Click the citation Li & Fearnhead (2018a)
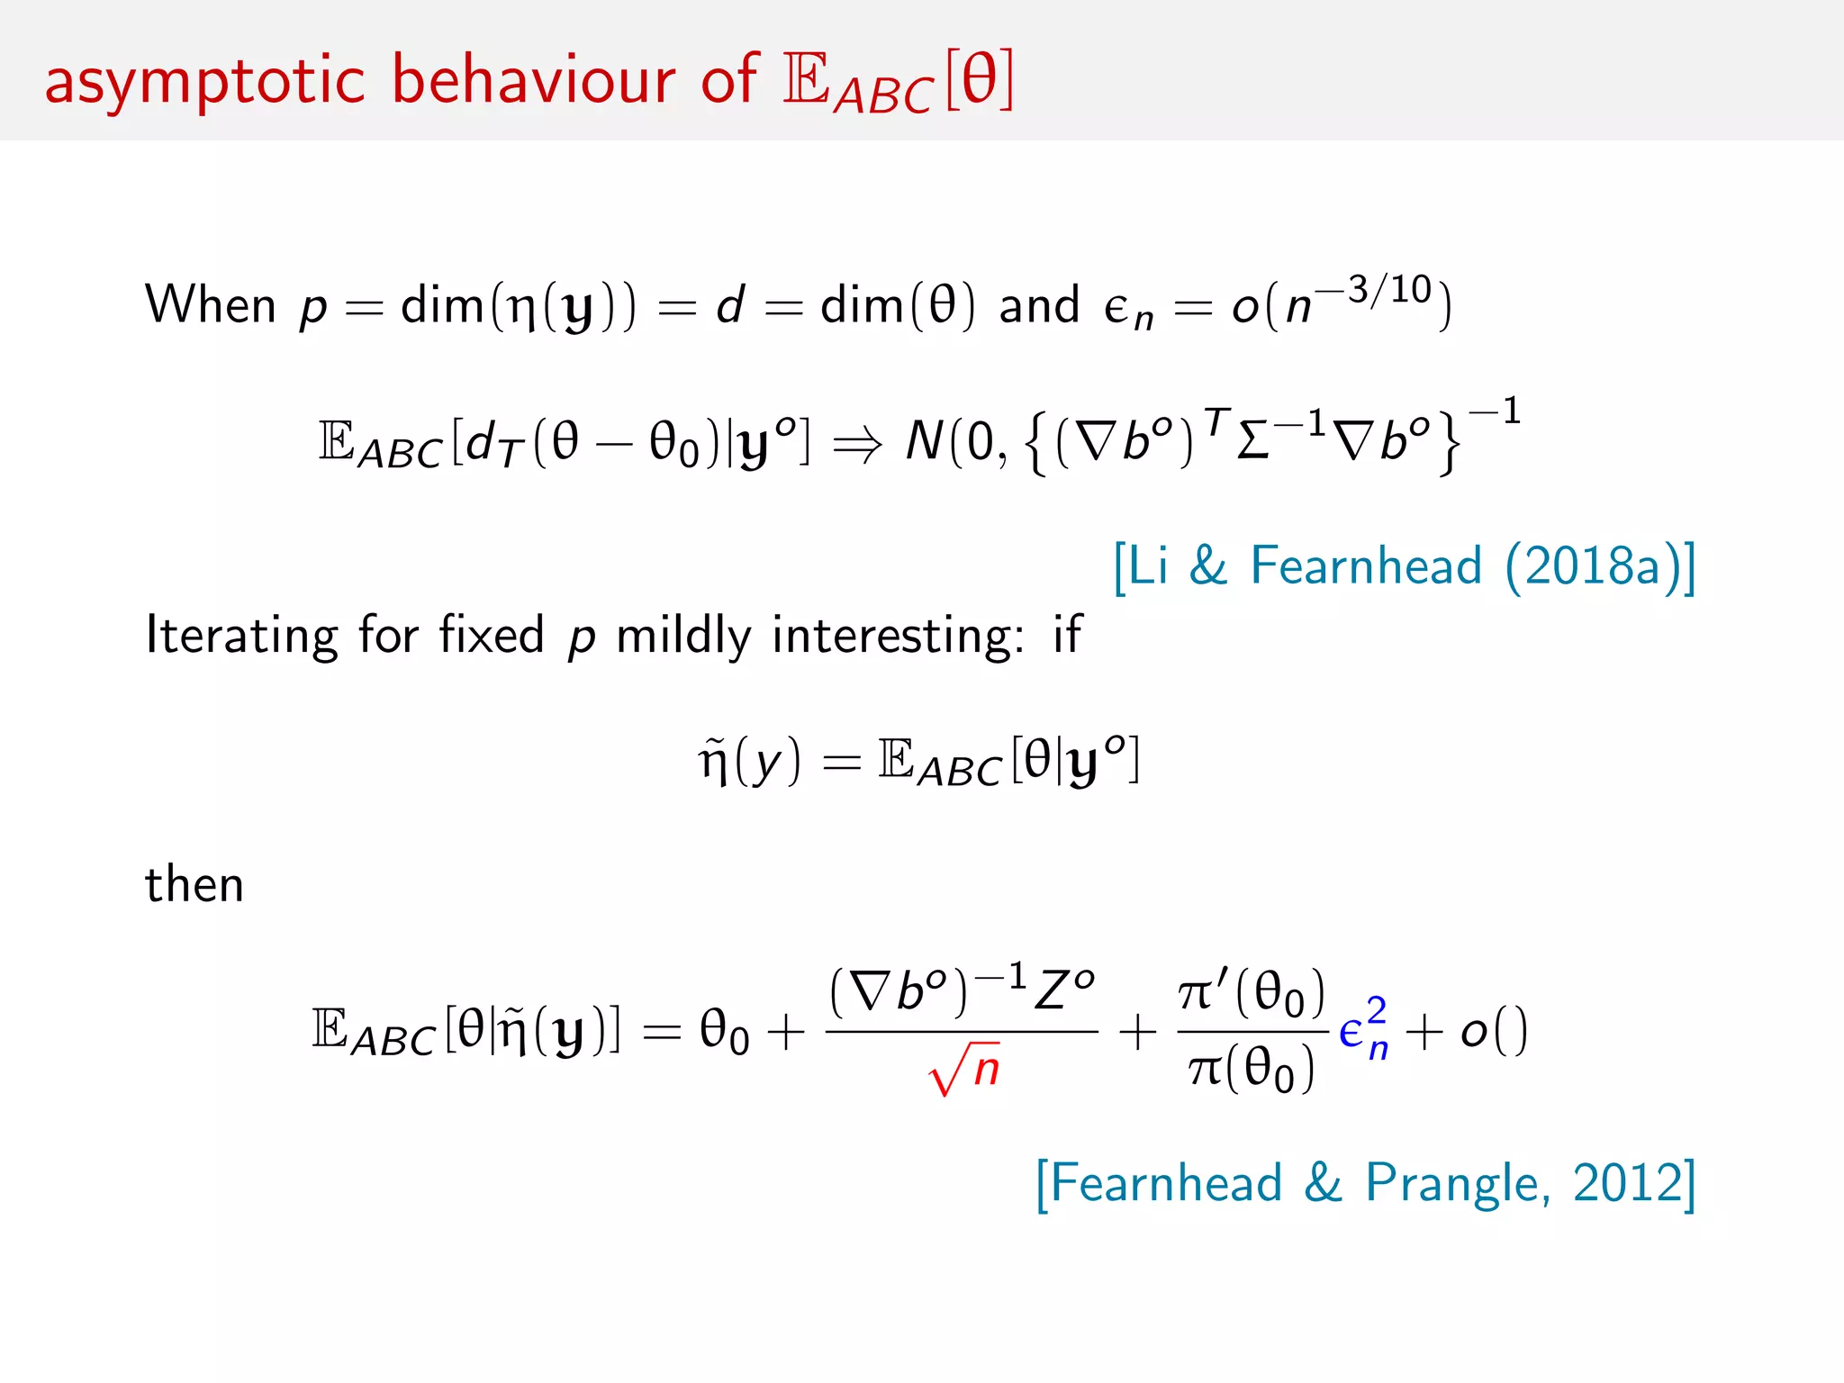[x=1405, y=566]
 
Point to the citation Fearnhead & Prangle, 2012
[x=1365, y=1183]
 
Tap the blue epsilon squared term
[x=1363, y=1030]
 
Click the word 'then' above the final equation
[x=194, y=884]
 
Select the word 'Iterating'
[x=242, y=636]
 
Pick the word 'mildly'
[x=683, y=636]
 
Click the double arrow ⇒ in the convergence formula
[x=857, y=444]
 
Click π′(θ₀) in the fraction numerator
[x=1252, y=992]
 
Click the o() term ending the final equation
[x=1494, y=1031]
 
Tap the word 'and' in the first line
[x=1039, y=305]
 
